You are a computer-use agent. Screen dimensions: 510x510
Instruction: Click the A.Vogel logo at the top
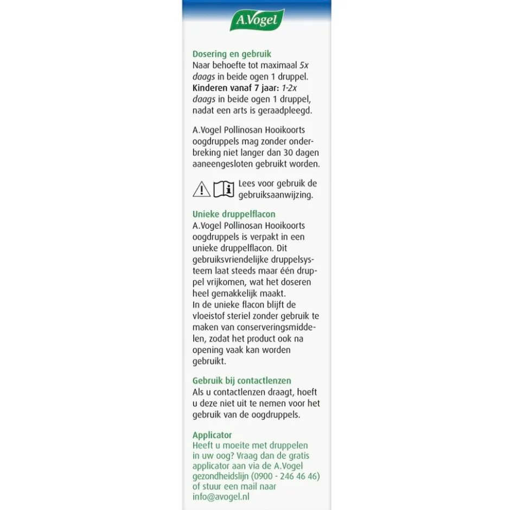[x=257, y=21]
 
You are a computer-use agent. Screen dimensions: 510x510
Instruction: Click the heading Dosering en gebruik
[x=232, y=54]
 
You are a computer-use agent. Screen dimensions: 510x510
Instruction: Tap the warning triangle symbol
[x=201, y=189]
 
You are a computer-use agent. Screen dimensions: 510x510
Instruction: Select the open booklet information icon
[x=224, y=189]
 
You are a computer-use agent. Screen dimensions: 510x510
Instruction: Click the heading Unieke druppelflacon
[x=234, y=214]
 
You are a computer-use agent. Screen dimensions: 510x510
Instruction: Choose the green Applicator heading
[x=212, y=435]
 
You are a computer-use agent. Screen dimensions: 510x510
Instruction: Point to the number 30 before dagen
[x=288, y=152]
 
